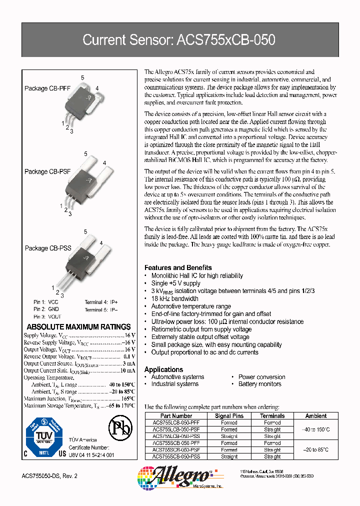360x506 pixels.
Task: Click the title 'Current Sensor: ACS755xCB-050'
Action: tap(178, 40)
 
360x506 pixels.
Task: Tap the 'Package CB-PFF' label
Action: tap(47, 88)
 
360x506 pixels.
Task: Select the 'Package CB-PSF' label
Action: tap(48, 171)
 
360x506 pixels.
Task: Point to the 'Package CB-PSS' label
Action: tap(48, 248)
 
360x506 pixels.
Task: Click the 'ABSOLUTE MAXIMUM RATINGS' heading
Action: tap(77, 326)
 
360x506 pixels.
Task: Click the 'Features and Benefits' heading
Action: tap(178, 267)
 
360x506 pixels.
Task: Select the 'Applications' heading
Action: tap(163, 369)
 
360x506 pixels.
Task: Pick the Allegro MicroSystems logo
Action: tap(180, 478)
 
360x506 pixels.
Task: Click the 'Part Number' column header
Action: tap(176, 416)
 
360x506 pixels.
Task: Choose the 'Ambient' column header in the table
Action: tap(316, 416)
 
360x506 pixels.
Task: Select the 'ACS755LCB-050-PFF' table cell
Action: tap(176, 422)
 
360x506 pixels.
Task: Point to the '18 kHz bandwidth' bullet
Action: tap(174, 298)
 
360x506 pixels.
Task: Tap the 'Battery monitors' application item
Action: tap(259, 384)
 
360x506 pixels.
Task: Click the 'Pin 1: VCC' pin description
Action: tap(46, 302)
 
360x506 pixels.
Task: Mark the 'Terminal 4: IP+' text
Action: tap(101, 302)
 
